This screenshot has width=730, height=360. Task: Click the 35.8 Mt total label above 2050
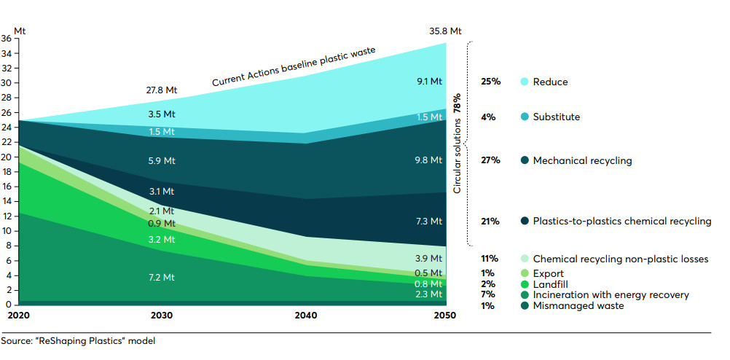coord(445,31)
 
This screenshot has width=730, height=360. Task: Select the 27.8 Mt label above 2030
coord(162,90)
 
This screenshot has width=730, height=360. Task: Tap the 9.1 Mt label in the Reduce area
coord(428,81)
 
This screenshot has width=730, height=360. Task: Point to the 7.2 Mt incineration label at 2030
coord(162,278)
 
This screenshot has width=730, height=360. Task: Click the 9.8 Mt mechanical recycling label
coord(428,160)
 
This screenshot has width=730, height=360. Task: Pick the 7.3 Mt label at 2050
coord(428,220)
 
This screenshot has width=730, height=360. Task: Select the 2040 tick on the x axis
coord(304,316)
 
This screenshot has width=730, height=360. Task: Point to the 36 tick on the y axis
coord(6,38)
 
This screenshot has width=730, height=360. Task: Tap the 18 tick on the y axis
coord(6,172)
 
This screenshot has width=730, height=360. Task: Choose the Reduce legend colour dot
coord(525,82)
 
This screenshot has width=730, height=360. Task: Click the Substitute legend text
coord(557,117)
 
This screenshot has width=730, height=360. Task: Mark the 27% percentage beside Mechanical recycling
coord(490,160)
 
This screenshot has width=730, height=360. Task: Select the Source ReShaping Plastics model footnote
coord(78,340)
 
